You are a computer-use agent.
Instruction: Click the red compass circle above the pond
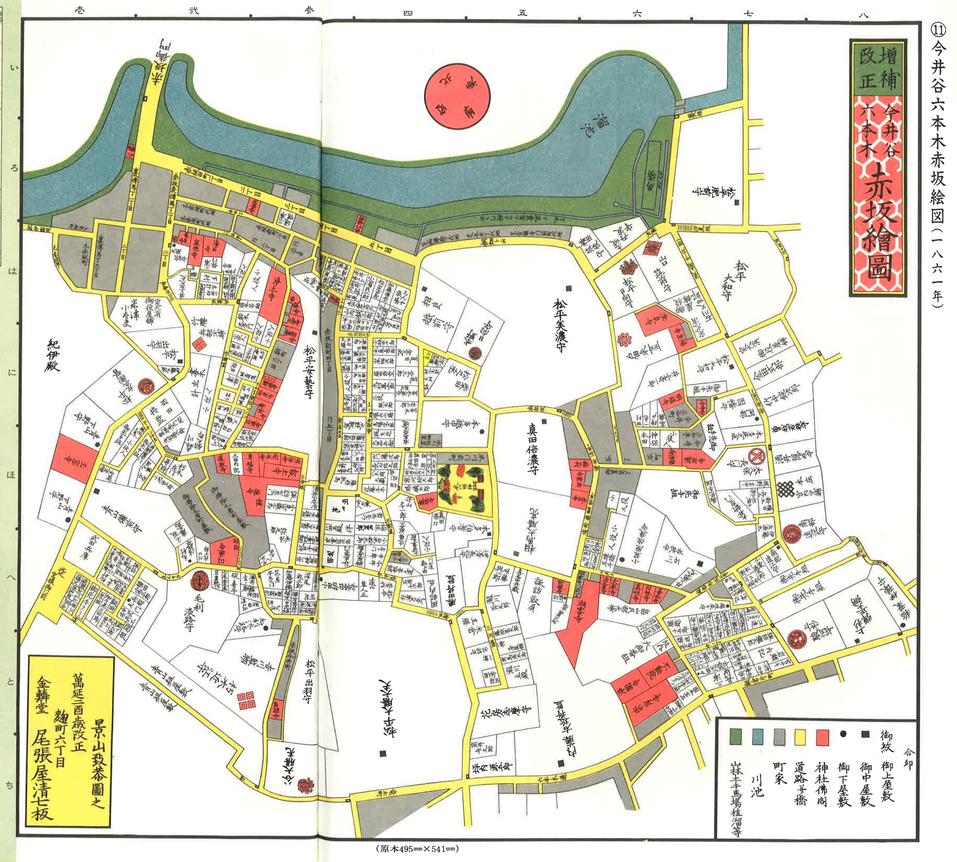pyautogui.click(x=457, y=96)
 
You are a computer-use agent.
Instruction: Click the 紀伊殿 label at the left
pyautogui.click(x=53, y=356)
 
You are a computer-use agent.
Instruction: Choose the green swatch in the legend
pyautogui.click(x=736, y=737)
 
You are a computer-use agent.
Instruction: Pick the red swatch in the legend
pyautogui.click(x=822, y=737)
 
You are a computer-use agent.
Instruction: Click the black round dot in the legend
pyautogui.click(x=843, y=734)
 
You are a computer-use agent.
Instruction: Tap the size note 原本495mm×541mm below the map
pyautogui.click(x=417, y=848)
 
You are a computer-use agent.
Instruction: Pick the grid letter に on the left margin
pyautogui.click(x=12, y=372)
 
